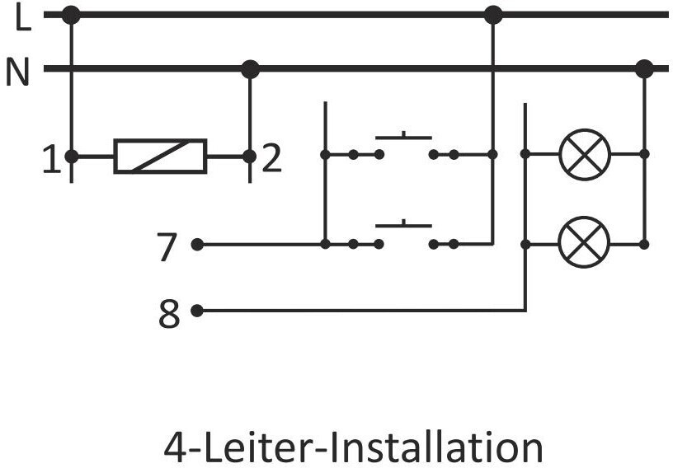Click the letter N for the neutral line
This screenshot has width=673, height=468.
(x=17, y=72)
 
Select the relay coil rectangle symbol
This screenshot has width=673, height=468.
(x=160, y=157)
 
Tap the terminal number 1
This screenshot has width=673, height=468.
(x=51, y=160)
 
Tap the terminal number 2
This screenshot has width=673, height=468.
(x=271, y=160)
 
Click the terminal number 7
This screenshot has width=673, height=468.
(x=167, y=247)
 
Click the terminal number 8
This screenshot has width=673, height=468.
(x=169, y=314)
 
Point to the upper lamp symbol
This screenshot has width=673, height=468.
(x=585, y=154)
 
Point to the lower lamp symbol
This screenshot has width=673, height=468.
(x=585, y=242)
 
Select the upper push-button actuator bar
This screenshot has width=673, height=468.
(x=403, y=137)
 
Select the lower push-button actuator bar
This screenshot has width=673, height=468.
(x=403, y=224)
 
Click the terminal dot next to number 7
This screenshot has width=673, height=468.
(x=197, y=245)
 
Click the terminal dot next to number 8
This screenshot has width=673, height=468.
(x=197, y=311)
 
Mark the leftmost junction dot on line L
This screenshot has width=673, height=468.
(x=71, y=16)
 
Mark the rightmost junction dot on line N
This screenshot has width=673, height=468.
(x=644, y=68)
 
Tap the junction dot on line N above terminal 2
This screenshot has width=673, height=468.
(x=250, y=69)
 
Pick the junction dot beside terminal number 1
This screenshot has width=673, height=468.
(x=71, y=157)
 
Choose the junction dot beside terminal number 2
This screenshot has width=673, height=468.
(x=249, y=157)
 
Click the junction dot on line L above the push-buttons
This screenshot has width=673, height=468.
(x=492, y=15)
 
